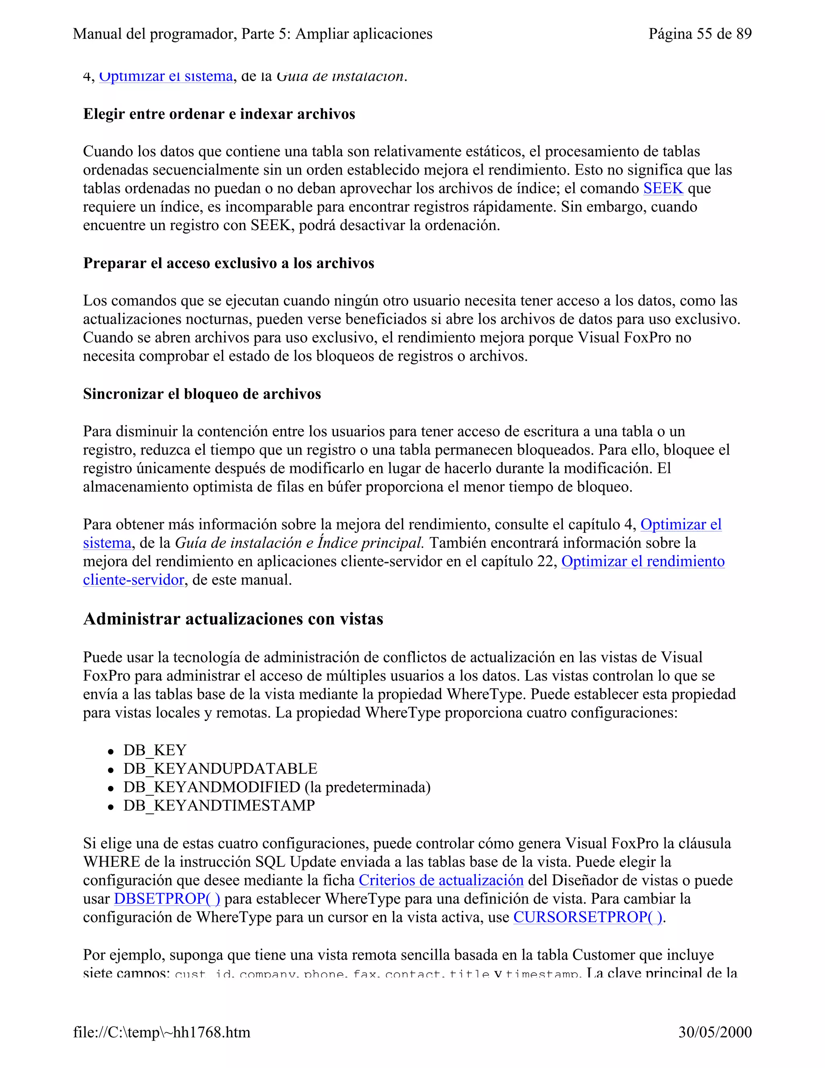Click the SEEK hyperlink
point(663,188)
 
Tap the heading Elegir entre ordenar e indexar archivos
point(219,114)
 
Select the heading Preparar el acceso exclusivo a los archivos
point(228,263)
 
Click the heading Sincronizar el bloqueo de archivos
point(202,394)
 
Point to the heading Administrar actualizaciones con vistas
point(233,619)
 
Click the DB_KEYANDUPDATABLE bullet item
point(220,768)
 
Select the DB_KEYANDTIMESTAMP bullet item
point(219,805)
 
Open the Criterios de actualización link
point(441,880)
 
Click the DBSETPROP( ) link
point(167,899)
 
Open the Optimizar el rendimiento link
point(643,561)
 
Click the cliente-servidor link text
point(133,580)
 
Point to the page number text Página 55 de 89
point(700,34)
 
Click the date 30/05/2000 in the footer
point(715,1032)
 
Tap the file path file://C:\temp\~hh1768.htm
point(162,1032)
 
